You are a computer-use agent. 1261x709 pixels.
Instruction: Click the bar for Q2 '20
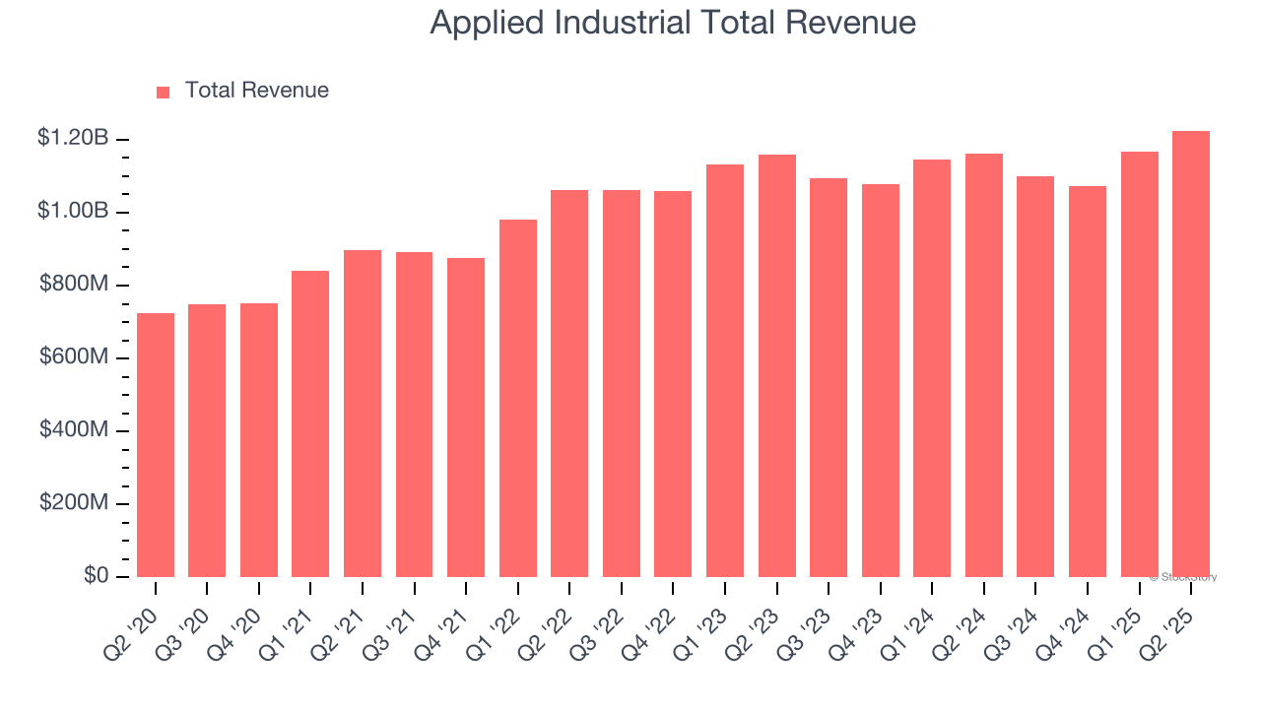coord(156,445)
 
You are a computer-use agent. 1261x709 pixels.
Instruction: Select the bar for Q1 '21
coord(310,423)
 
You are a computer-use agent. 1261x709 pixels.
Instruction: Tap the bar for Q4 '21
coord(466,418)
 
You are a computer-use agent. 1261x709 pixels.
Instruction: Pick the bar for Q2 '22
coord(569,383)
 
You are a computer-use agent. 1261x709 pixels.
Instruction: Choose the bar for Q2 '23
coord(776,365)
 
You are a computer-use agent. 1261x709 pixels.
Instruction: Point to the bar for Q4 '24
coord(1087,381)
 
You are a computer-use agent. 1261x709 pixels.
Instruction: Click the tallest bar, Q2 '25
coord(1190,354)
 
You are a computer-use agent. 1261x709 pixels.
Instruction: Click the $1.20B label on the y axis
coord(72,138)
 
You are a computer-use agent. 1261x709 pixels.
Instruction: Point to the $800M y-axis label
coord(74,285)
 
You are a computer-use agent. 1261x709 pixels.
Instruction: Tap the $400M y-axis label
coord(74,430)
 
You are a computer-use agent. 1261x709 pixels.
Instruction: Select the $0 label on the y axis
coord(95,576)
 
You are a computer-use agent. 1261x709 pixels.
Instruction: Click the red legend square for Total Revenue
coord(164,92)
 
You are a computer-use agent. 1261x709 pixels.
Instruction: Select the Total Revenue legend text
coord(256,91)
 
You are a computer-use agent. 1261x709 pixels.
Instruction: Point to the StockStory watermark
coord(1182,577)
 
